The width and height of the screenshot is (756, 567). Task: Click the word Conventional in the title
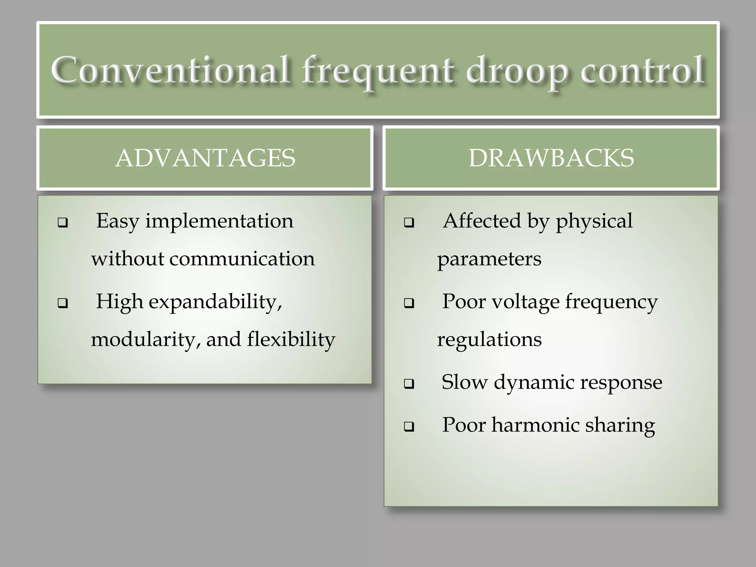pyautogui.click(x=170, y=70)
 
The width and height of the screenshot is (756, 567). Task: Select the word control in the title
pyautogui.click(x=642, y=70)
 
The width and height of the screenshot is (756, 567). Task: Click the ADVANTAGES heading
pyautogui.click(x=205, y=158)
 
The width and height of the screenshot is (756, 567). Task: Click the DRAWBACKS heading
pyautogui.click(x=551, y=158)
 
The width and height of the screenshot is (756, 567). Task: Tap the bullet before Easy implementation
pyautogui.click(x=63, y=223)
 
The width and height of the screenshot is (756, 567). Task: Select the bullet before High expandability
pyautogui.click(x=63, y=303)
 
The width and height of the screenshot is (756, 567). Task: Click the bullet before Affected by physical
pyautogui.click(x=409, y=223)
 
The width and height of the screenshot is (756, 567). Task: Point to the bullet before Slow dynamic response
pyautogui.click(x=409, y=384)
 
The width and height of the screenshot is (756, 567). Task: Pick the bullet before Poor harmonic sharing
pyautogui.click(x=409, y=427)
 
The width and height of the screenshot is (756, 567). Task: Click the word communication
pyautogui.click(x=242, y=258)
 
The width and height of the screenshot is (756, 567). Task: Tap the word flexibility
pyautogui.click(x=291, y=339)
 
